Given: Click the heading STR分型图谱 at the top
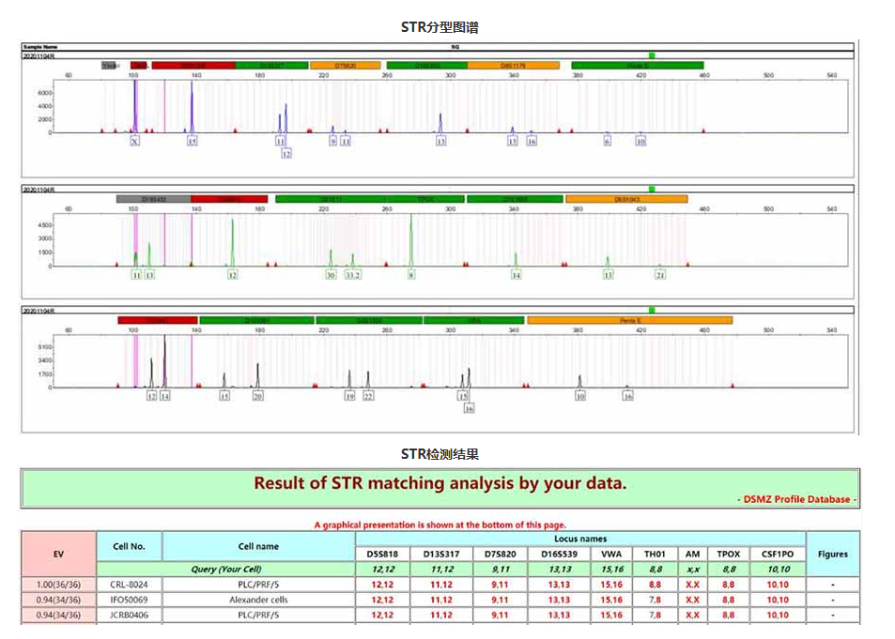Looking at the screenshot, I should pyautogui.click(x=446, y=26).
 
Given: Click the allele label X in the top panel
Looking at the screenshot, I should pyautogui.click(x=134, y=142).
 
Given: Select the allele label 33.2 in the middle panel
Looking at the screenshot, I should pyautogui.click(x=352, y=275).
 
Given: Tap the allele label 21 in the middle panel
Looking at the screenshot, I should pyautogui.click(x=660, y=275).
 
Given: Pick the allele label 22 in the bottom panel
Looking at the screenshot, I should pyautogui.click(x=368, y=397).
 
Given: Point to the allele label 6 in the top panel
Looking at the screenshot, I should pyautogui.click(x=607, y=142).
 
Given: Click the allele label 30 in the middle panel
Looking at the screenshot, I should pyautogui.click(x=331, y=275).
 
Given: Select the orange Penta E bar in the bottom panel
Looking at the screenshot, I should pyautogui.click(x=629, y=320).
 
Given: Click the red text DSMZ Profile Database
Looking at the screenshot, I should pyautogui.click(x=797, y=499).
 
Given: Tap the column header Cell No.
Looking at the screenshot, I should pyautogui.click(x=129, y=546).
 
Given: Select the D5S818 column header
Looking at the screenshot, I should pyautogui.click(x=382, y=554).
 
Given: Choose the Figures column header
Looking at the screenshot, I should pyautogui.click(x=832, y=554).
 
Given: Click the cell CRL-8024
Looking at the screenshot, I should pyautogui.click(x=129, y=585).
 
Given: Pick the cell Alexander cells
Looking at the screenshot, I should pyautogui.click(x=258, y=600).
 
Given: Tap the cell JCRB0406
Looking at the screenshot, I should pyautogui.click(x=129, y=615).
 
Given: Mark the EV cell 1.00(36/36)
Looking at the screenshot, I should pyautogui.click(x=58, y=585).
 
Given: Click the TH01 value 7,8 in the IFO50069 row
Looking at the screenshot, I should pyautogui.click(x=656, y=600).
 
